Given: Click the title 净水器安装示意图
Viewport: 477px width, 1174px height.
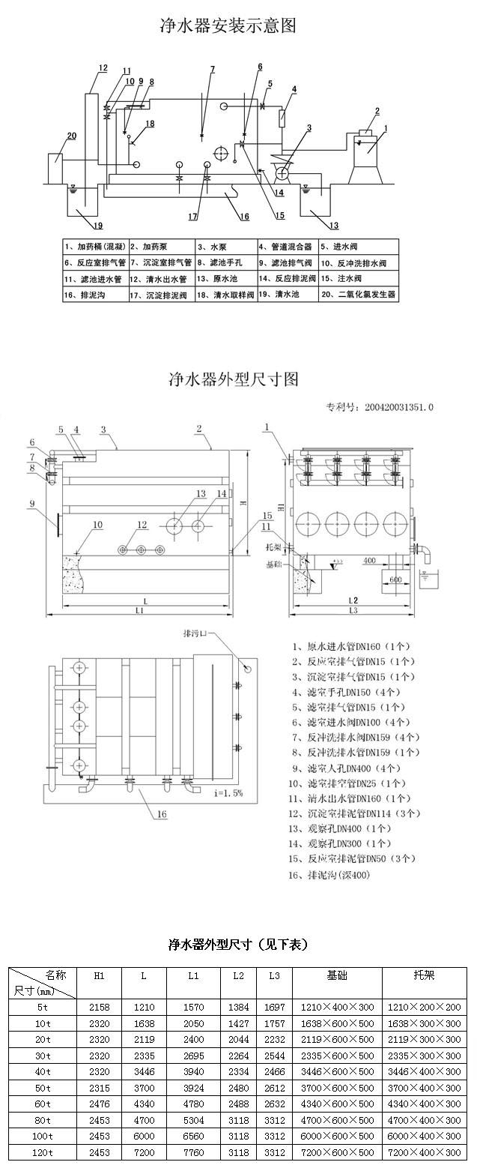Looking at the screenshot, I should point(228,26).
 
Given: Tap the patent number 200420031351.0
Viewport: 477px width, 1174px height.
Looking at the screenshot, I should point(399,408).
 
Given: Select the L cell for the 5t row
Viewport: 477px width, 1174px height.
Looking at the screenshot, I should point(144,1008).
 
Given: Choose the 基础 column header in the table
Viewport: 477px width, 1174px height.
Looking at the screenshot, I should point(337,975).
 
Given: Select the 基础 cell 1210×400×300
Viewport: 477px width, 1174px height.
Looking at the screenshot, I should point(337,1008).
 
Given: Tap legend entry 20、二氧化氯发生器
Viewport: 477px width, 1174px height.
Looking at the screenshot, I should point(359,295).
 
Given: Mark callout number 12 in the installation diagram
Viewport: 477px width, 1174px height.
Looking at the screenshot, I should point(103,68).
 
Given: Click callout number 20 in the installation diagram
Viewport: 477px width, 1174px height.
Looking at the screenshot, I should point(72,136).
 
